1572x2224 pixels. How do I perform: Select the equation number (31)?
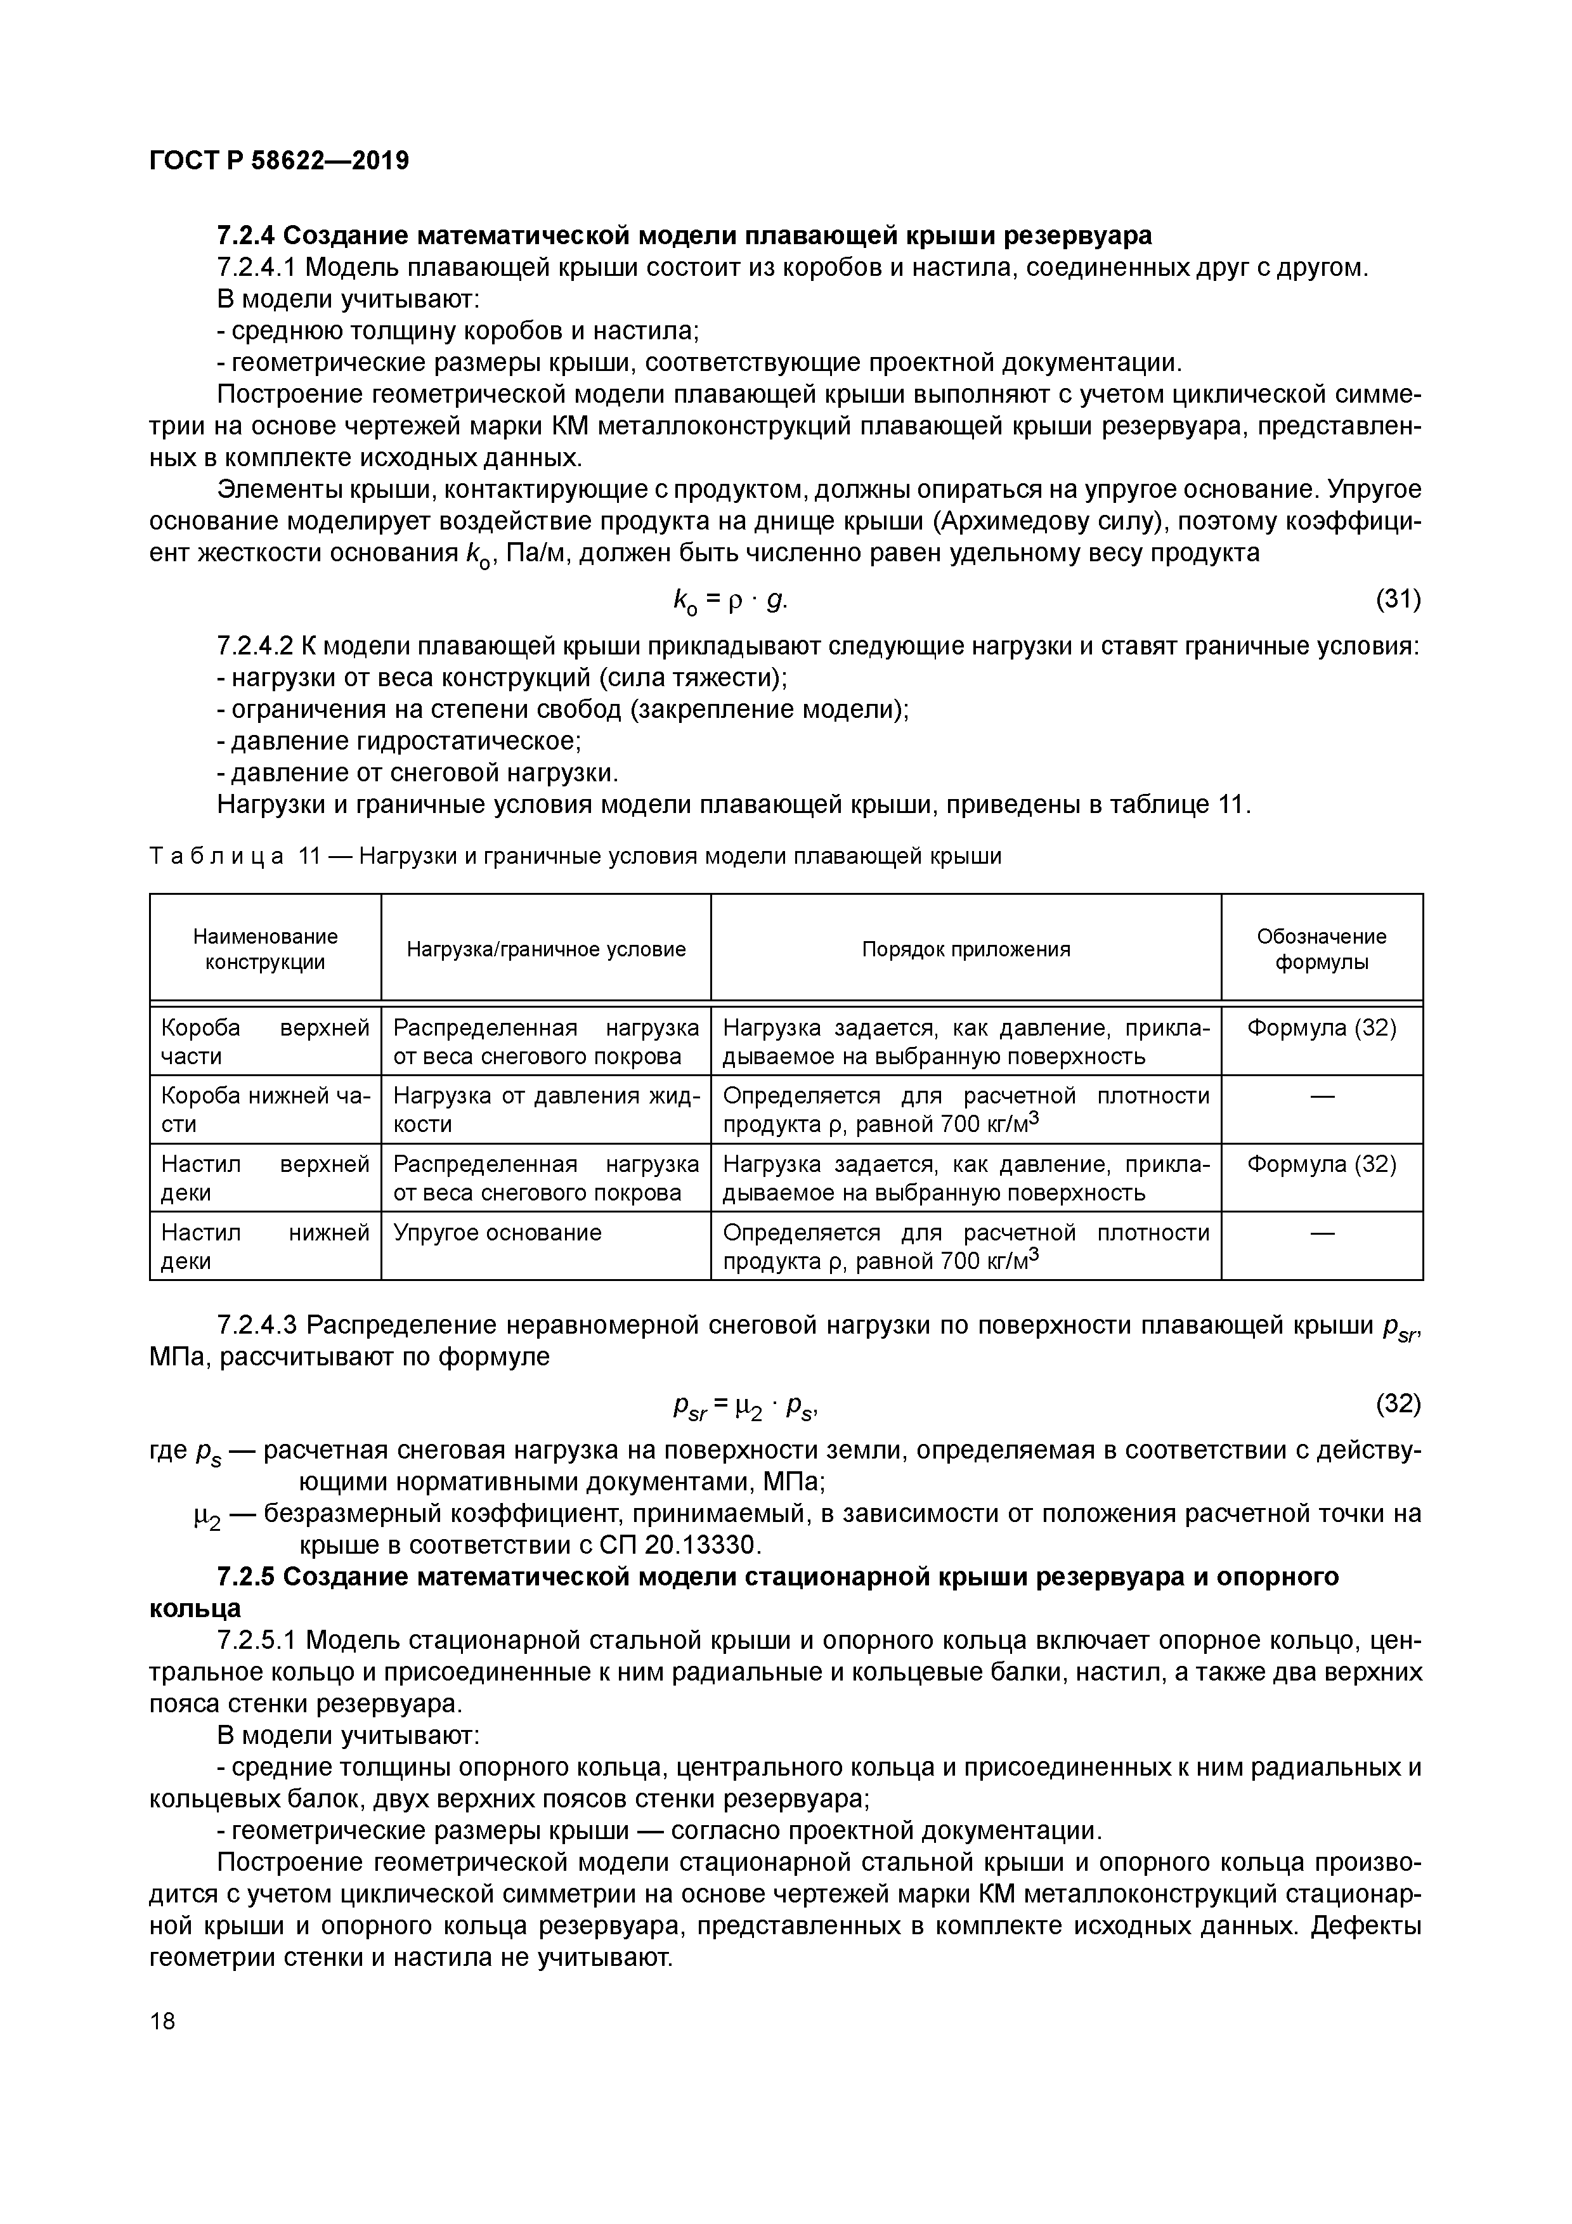pyautogui.click(x=1398, y=601)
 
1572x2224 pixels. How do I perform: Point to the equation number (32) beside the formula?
pyautogui.click(x=1398, y=1403)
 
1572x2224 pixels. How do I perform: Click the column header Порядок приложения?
pyautogui.click(x=966, y=949)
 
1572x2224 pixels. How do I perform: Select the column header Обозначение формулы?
pyautogui.click(x=1321, y=949)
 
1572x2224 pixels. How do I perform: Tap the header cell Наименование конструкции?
pyautogui.click(x=266, y=949)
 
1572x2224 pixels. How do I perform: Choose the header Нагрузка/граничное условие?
pyautogui.click(x=545, y=949)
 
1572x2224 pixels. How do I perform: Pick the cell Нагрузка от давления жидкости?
pyautogui.click(x=545, y=1109)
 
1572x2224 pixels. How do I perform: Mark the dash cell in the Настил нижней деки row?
pyautogui.click(x=1321, y=1232)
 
